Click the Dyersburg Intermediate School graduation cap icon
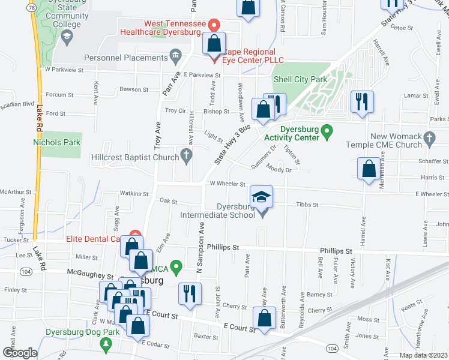261,197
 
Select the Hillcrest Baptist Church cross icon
187,157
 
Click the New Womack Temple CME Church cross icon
429,139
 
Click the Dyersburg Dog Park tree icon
106,343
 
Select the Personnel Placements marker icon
175,58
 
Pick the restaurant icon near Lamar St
363,100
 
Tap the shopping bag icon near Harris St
368,168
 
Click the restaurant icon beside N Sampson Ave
190,294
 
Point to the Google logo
20,353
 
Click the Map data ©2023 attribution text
423,355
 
